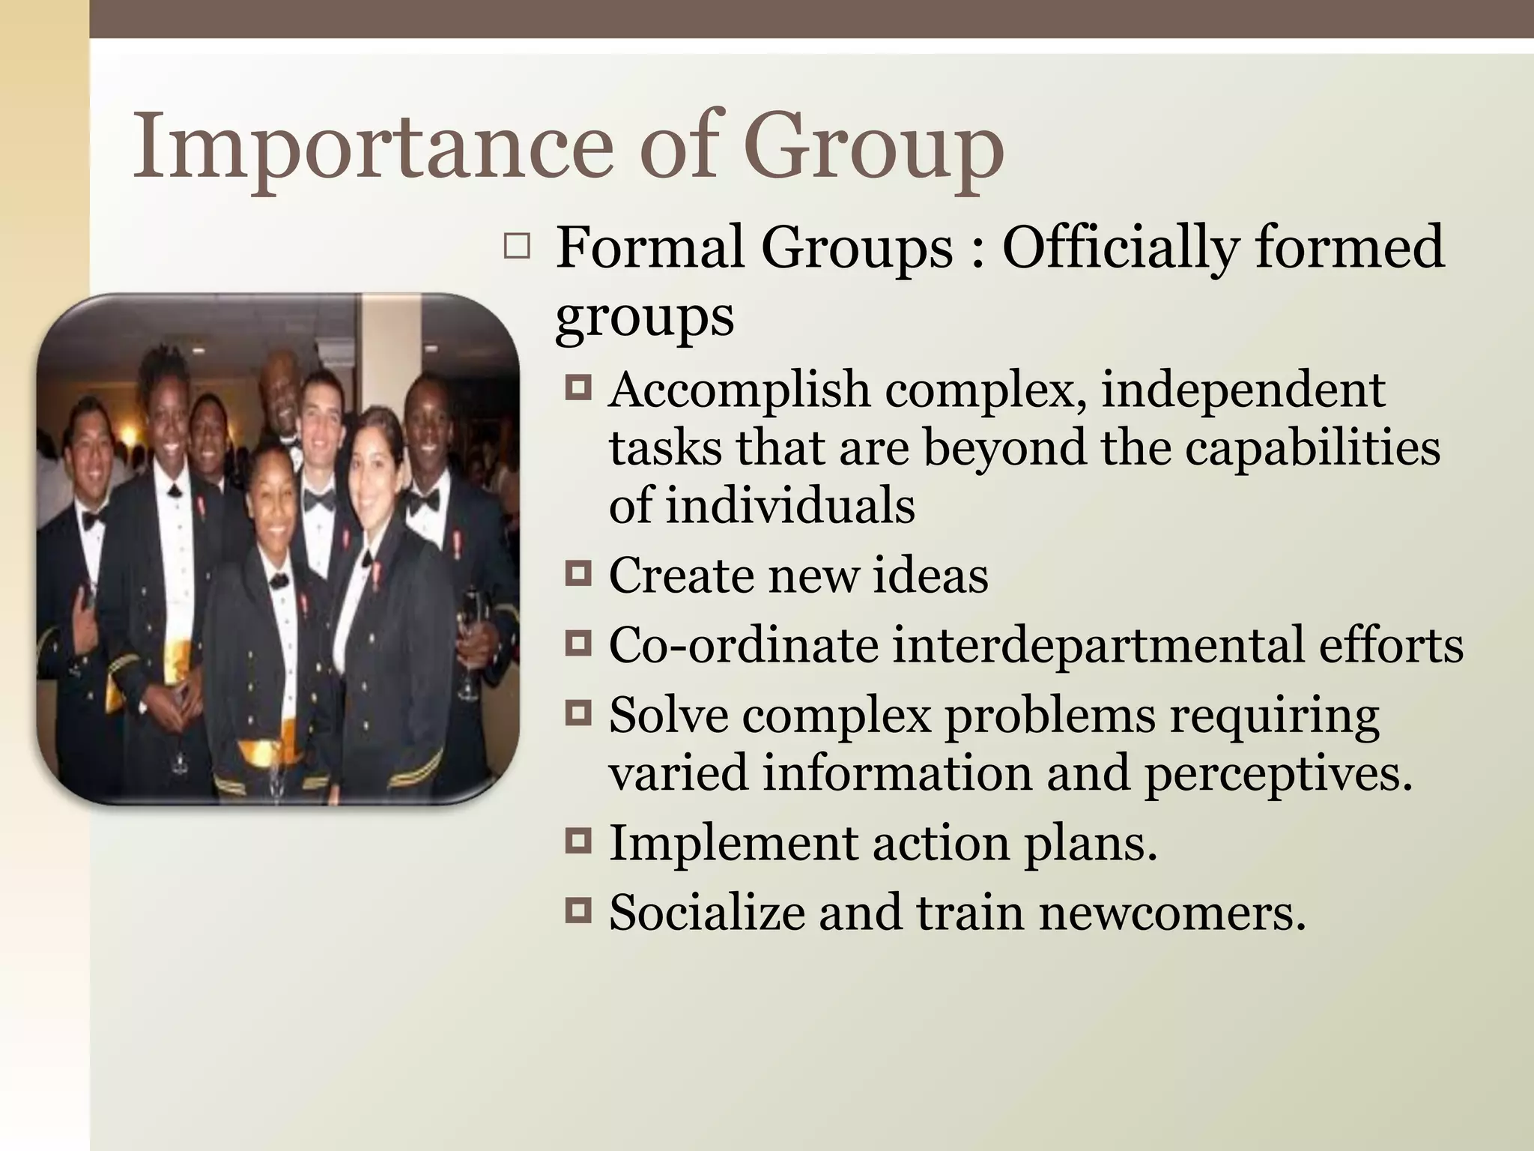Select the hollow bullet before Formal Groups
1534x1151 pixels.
pyautogui.click(x=516, y=247)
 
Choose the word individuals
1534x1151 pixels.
pyautogui.click(x=789, y=504)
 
